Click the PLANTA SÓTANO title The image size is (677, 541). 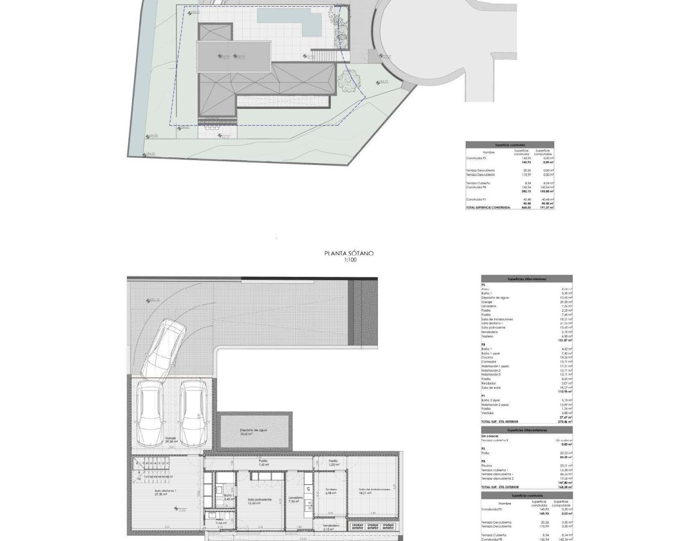coord(349,254)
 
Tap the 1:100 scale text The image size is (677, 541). coord(349,260)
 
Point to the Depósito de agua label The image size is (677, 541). coord(253,430)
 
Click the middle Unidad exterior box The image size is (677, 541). coord(373,526)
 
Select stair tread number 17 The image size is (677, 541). coord(171,477)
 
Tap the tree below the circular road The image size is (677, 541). coord(349,79)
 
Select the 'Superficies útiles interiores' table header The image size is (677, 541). coord(527,278)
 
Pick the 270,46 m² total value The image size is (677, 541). coord(564,422)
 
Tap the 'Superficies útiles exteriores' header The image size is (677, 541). coord(527,431)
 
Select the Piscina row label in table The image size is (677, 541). coord(487,465)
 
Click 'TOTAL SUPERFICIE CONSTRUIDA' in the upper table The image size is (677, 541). coord(488,208)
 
